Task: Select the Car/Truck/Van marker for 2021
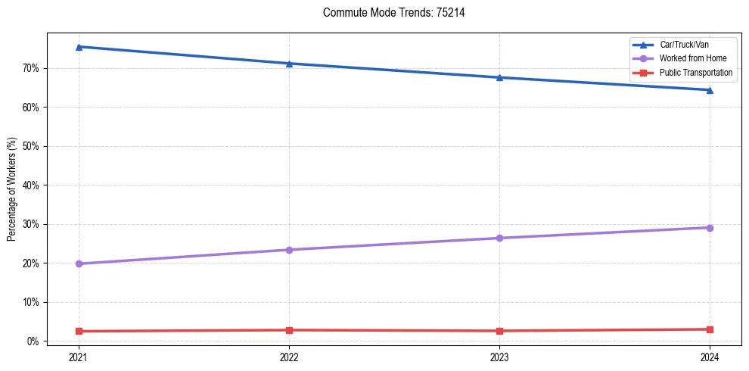[x=79, y=47]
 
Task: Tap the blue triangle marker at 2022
[x=289, y=64]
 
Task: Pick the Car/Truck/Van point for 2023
[x=499, y=77]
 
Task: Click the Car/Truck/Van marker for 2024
[x=710, y=90]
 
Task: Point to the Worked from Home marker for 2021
[x=79, y=263]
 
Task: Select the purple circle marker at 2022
[x=289, y=250]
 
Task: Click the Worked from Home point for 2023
[x=499, y=238]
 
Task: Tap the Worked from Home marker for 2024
[x=710, y=228]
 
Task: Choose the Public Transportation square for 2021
[x=79, y=331]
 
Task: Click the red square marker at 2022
[x=289, y=330]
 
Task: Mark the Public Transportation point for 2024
[x=710, y=329]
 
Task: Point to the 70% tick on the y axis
[x=31, y=68]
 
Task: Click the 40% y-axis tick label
[x=31, y=185]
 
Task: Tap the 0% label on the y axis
[x=33, y=341]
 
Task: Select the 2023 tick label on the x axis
[x=499, y=356]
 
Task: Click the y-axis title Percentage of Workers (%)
[x=12, y=189]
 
